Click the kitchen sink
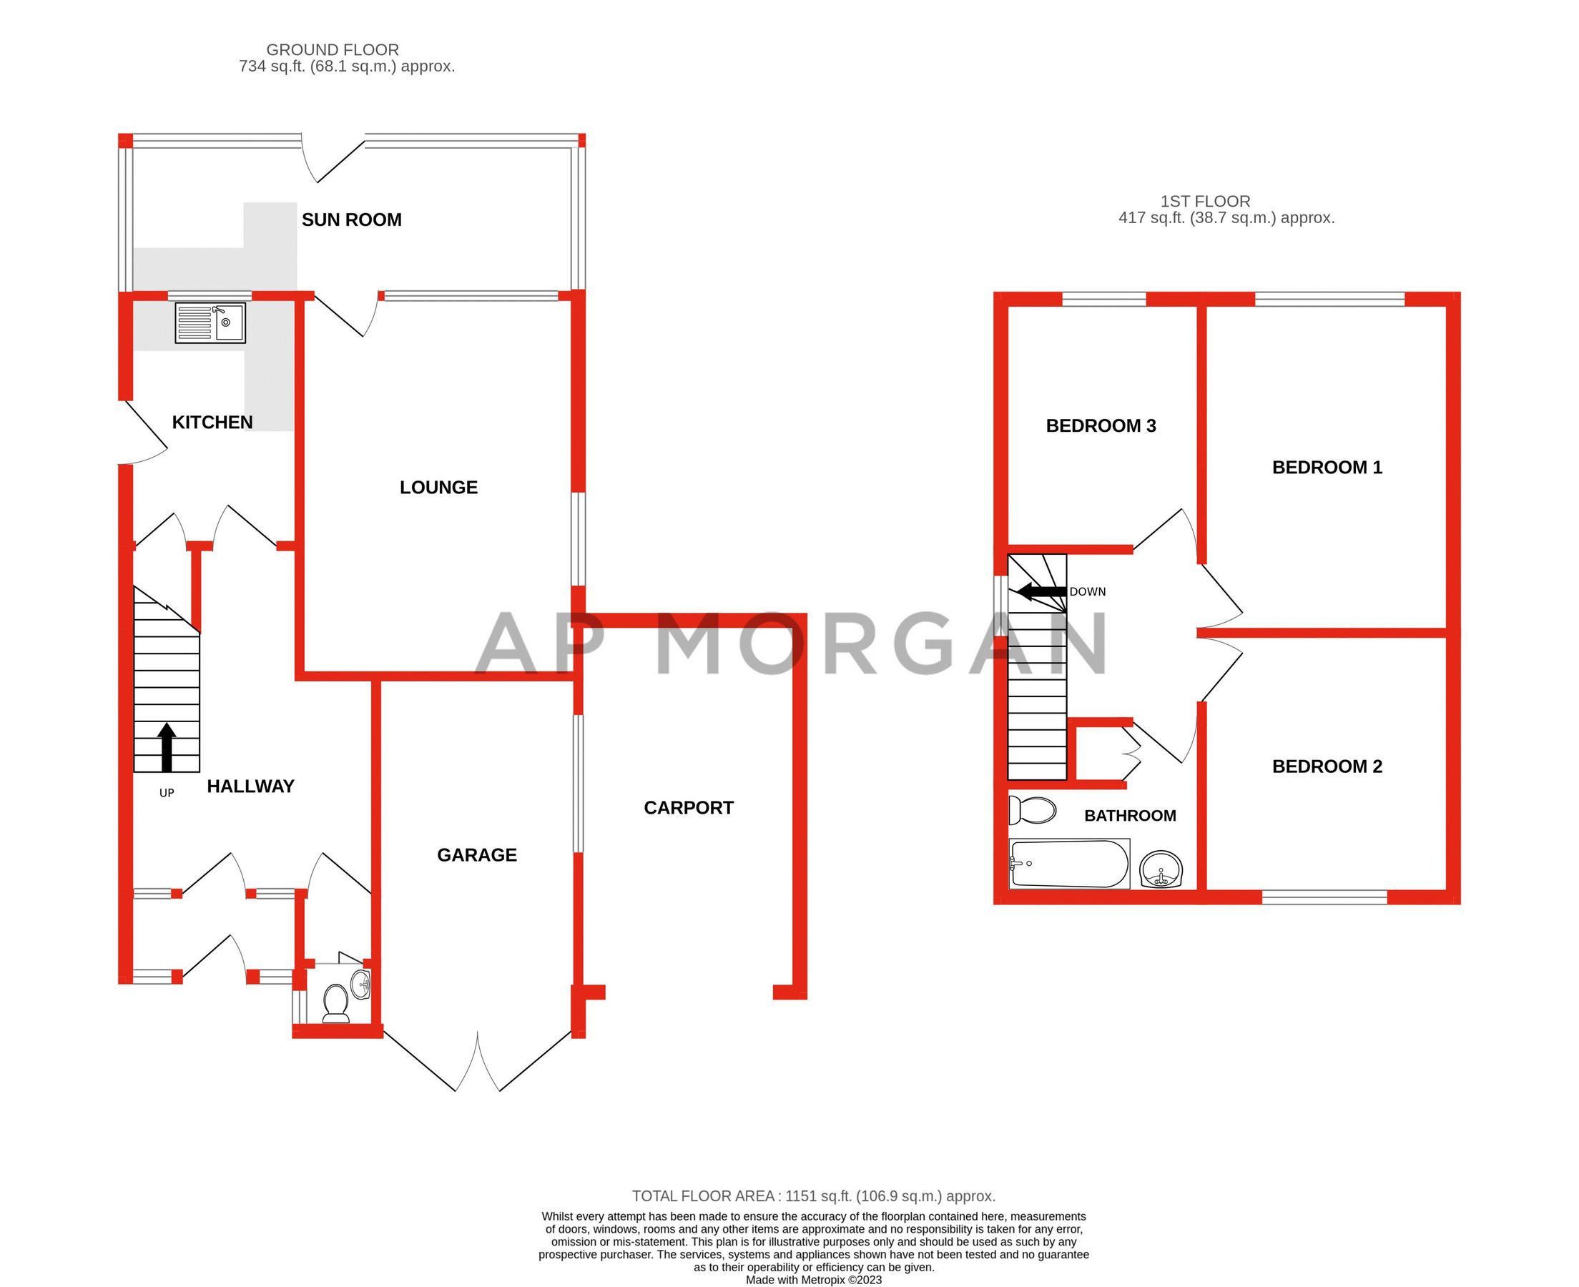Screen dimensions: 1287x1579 [x=210, y=322]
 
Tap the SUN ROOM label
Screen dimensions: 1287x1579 [x=351, y=220]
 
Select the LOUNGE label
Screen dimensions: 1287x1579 [x=438, y=487]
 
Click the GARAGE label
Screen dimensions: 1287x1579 [x=477, y=855]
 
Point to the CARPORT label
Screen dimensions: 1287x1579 [x=688, y=807]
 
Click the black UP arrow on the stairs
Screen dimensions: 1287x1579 [x=167, y=746]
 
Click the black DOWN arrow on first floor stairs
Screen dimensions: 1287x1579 [x=1041, y=591]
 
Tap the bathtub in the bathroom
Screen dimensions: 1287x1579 [x=1068, y=864]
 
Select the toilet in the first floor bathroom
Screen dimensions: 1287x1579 [x=1033, y=810]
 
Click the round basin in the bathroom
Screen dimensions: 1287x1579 [x=1160, y=869]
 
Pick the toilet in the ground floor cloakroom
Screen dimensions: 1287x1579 [x=336, y=1002]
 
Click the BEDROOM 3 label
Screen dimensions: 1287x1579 [x=1100, y=425]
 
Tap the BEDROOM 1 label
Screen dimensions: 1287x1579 [x=1327, y=467]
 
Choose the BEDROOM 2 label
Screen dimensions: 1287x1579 [x=1327, y=766]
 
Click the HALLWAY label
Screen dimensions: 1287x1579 [x=250, y=786]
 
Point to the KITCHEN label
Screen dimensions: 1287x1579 [x=212, y=422]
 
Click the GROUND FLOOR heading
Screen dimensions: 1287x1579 [x=332, y=49]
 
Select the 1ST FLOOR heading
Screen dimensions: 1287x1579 [x=1205, y=201]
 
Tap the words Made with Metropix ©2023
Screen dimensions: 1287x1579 [x=813, y=1280]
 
